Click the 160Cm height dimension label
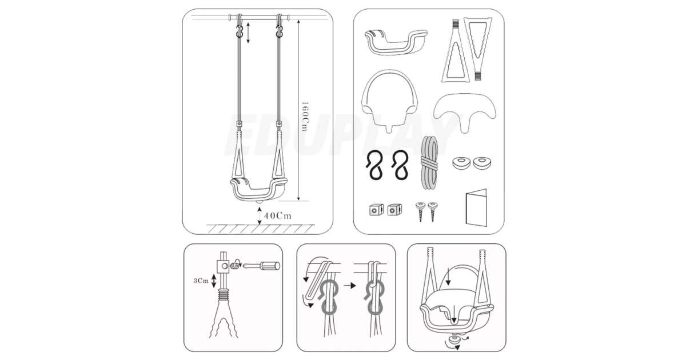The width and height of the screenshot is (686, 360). [x=304, y=117]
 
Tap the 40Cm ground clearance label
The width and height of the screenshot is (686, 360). [x=278, y=216]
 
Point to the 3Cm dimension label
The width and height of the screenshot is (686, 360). [x=201, y=281]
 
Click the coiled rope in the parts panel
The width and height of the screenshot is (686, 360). [x=430, y=162]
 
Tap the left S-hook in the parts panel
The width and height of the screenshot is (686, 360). [x=375, y=165]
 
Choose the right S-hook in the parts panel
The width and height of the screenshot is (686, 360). [x=400, y=165]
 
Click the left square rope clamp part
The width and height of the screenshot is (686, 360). [x=376, y=210]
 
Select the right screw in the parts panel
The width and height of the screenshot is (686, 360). [x=433, y=211]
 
